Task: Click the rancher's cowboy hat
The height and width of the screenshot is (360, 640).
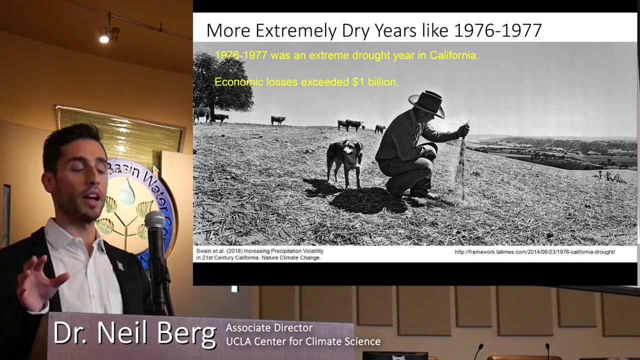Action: pos(427,103)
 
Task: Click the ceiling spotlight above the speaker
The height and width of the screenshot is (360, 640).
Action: pos(104,37)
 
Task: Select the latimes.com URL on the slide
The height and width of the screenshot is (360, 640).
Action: pos(534,252)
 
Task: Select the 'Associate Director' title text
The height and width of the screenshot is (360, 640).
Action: pos(269,328)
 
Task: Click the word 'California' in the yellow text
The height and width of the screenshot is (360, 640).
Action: pos(453,55)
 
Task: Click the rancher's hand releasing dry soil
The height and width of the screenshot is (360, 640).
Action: pos(463,130)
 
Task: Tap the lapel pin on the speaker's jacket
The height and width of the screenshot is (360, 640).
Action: pos(120,265)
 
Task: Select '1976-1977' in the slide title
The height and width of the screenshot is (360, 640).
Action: pos(497,30)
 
